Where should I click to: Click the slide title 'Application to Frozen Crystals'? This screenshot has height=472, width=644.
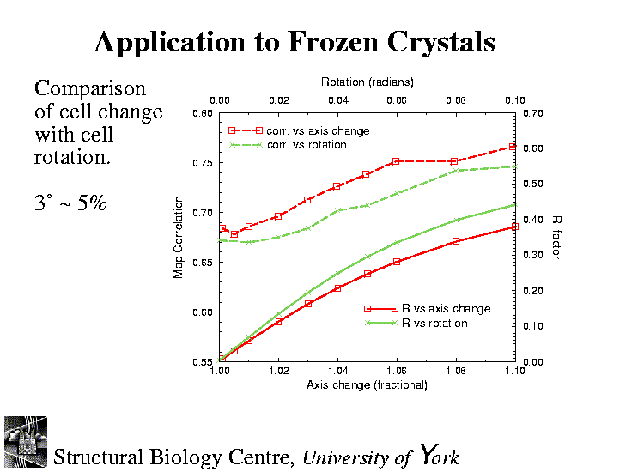295,42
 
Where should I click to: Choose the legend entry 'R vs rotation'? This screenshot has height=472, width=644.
434,323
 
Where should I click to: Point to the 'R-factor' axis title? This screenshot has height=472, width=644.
556,238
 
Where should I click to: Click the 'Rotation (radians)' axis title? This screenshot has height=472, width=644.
367,82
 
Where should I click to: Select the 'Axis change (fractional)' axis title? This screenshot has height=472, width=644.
367,385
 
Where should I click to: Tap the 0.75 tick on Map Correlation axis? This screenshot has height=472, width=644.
202,163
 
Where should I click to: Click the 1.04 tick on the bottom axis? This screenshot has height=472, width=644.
337,372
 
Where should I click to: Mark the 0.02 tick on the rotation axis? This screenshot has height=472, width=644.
278,100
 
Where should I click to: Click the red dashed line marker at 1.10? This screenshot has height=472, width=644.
513,148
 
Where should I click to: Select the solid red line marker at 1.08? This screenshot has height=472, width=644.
456,241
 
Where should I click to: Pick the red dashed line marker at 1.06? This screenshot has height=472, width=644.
397,161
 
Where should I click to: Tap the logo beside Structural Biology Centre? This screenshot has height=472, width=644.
26,442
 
